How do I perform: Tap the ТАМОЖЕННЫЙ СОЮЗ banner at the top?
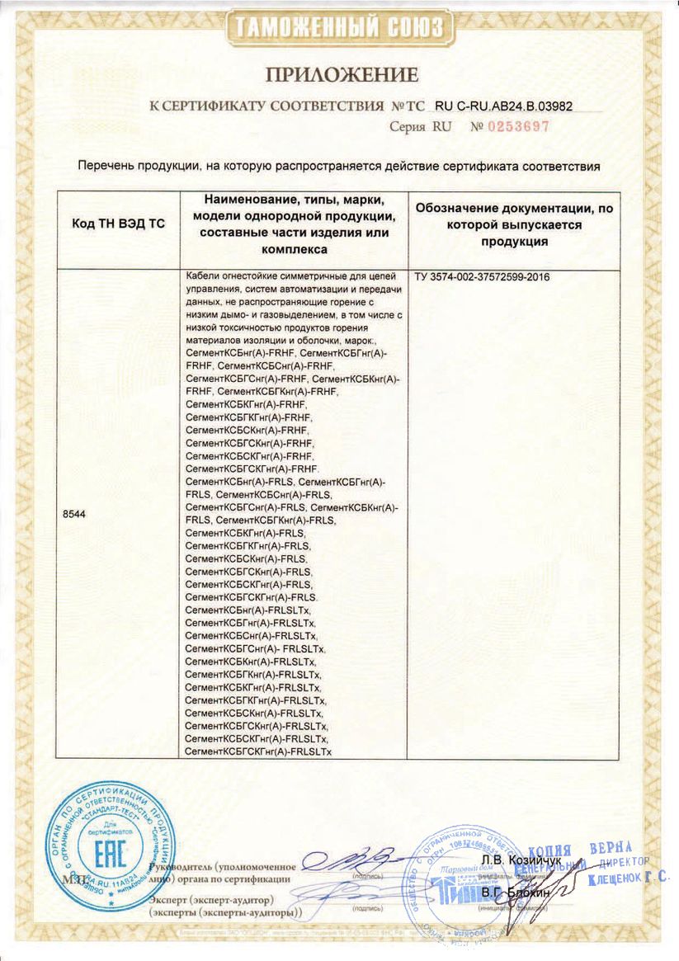[x=340, y=27]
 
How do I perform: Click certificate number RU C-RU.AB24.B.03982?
[x=502, y=106]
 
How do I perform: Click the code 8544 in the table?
[x=73, y=513]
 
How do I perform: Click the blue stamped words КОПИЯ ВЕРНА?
[x=578, y=851]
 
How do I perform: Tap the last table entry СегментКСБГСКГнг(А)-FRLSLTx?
[x=258, y=751]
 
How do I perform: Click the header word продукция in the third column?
[x=516, y=240]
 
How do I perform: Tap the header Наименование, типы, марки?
[x=294, y=200]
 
